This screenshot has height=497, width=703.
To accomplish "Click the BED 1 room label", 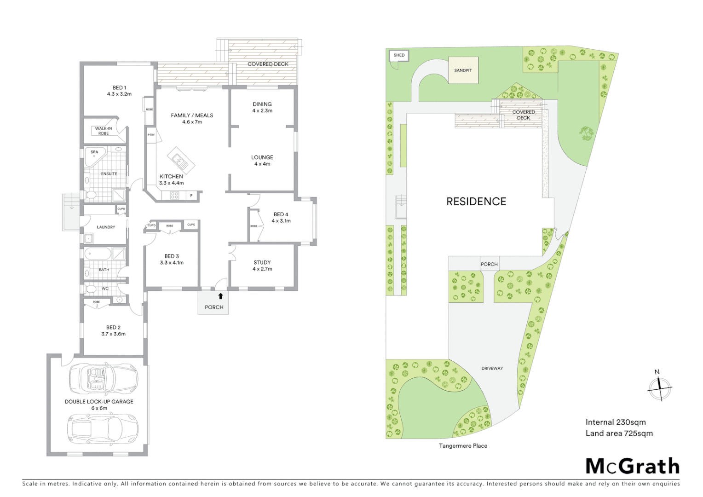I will tap(119, 88).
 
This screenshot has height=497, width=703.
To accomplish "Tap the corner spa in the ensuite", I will tap(93, 155).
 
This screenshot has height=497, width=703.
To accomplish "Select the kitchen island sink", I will tap(179, 160).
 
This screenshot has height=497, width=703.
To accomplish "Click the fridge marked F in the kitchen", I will tap(191, 196).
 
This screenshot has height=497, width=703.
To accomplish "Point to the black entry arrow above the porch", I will tap(220, 296).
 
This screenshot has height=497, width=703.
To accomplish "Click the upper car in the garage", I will tap(103, 378).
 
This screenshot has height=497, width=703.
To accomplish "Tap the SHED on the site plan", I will tap(399, 55).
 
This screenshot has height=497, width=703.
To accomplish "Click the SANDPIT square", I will tap(463, 70).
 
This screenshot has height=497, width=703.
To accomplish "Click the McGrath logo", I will tap(632, 466).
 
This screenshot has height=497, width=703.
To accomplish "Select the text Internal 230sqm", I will tap(616, 422).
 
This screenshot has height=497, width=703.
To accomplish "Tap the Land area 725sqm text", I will tap(619, 433).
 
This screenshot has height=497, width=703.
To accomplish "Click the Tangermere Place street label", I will tap(463, 445).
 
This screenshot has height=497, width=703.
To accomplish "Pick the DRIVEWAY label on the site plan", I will tap(492, 368).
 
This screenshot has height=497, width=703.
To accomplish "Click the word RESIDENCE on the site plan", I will tap(476, 201).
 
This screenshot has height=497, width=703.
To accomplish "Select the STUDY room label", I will tap(262, 262).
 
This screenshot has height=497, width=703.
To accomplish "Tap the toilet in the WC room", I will tap(90, 289).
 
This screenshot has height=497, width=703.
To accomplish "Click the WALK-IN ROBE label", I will tap(104, 131).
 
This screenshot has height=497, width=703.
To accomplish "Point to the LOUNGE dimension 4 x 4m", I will tap(262, 164).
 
